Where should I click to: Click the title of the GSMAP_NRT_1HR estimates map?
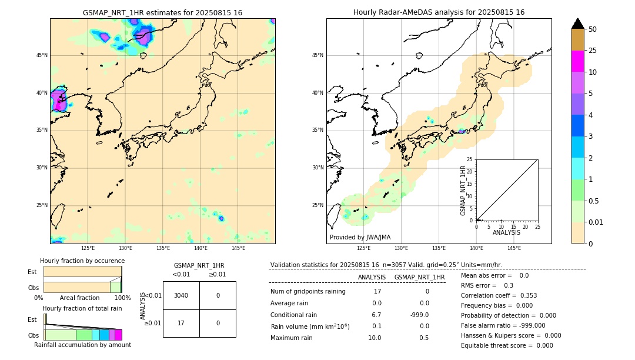(162, 12)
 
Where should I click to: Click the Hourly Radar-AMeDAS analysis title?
(439, 12)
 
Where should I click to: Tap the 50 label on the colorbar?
(593, 29)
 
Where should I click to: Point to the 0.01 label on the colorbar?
(596, 222)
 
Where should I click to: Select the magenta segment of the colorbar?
(577, 61)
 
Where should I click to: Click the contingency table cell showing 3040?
(181, 295)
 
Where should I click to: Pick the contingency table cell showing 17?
(181, 323)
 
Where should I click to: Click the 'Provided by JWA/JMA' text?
(360, 237)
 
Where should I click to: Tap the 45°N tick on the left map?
(42, 55)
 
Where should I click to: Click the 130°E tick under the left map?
(125, 248)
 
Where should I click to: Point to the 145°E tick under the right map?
(514, 248)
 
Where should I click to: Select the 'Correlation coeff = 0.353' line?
(499, 295)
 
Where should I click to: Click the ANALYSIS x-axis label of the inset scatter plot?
(506, 232)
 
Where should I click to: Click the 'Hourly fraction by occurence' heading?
(82, 261)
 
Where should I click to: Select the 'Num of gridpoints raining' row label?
(308, 291)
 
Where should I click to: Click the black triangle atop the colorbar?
(577, 24)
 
